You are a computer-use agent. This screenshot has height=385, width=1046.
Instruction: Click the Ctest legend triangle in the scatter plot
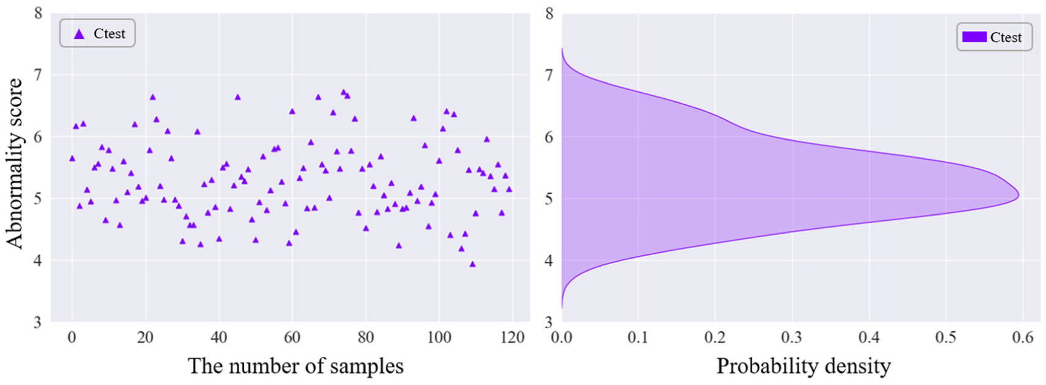(x=79, y=34)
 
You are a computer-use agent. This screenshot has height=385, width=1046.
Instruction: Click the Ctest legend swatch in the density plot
(x=974, y=37)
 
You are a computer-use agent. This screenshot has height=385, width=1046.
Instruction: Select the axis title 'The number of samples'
(x=296, y=366)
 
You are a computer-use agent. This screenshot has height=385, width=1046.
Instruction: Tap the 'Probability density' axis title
(x=803, y=366)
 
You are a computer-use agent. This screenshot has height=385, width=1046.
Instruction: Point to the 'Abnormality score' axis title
(x=14, y=163)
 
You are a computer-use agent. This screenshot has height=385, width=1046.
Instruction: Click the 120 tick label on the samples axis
(x=512, y=337)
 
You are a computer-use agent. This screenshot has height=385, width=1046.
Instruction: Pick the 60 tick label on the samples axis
(x=292, y=337)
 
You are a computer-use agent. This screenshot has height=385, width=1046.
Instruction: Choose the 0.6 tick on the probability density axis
(x=1023, y=337)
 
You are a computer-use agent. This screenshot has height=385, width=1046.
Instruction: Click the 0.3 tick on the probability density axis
(x=792, y=337)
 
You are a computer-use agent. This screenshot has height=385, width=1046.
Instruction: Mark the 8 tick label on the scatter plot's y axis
(x=38, y=13)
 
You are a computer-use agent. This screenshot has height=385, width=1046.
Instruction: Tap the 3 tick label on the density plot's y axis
(x=549, y=322)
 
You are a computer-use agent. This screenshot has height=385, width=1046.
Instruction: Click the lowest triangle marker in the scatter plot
(x=472, y=264)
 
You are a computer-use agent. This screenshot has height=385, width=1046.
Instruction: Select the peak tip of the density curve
(x=1018, y=195)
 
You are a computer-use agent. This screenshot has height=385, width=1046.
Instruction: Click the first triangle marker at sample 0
(x=72, y=159)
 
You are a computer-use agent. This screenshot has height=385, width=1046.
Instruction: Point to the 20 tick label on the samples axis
(x=145, y=337)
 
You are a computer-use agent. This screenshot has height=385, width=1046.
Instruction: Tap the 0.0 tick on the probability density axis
(x=562, y=337)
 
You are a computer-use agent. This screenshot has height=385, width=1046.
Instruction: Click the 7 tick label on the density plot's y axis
(x=549, y=75)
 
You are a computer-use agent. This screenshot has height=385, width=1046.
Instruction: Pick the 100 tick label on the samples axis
(x=439, y=337)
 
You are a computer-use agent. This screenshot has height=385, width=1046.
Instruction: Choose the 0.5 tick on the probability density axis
(x=946, y=337)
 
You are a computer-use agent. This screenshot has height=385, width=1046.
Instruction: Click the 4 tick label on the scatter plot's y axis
(x=38, y=260)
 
